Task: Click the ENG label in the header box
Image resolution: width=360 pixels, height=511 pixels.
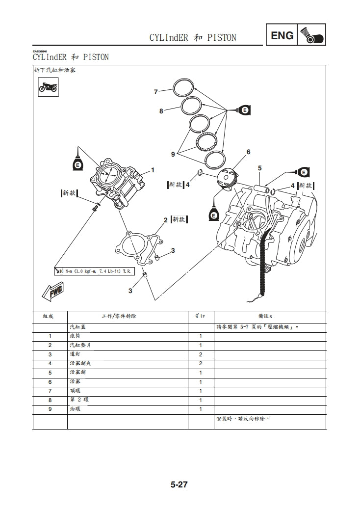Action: (282, 35)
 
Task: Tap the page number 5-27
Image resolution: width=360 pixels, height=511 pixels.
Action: (180, 485)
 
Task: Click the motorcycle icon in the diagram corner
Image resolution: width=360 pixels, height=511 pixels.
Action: (48, 88)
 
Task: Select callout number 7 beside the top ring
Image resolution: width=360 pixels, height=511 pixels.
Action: (155, 92)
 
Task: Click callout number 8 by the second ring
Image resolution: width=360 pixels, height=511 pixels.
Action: (161, 111)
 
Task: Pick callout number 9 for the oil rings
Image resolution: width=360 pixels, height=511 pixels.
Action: (173, 154)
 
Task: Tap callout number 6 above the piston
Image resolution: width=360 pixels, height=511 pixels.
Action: (248, 152)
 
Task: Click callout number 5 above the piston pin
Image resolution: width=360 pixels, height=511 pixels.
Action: (259, 168)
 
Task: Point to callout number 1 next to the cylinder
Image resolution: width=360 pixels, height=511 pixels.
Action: (153, 170)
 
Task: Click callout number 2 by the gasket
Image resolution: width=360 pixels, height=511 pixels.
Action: (166, 219)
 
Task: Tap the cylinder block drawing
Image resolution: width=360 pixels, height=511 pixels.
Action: (117, 183)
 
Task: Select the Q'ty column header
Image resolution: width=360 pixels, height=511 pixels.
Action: (201, 316)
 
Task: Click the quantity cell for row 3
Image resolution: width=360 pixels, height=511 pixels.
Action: (201, 354)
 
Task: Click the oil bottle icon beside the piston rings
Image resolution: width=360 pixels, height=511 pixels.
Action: (243, 110)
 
